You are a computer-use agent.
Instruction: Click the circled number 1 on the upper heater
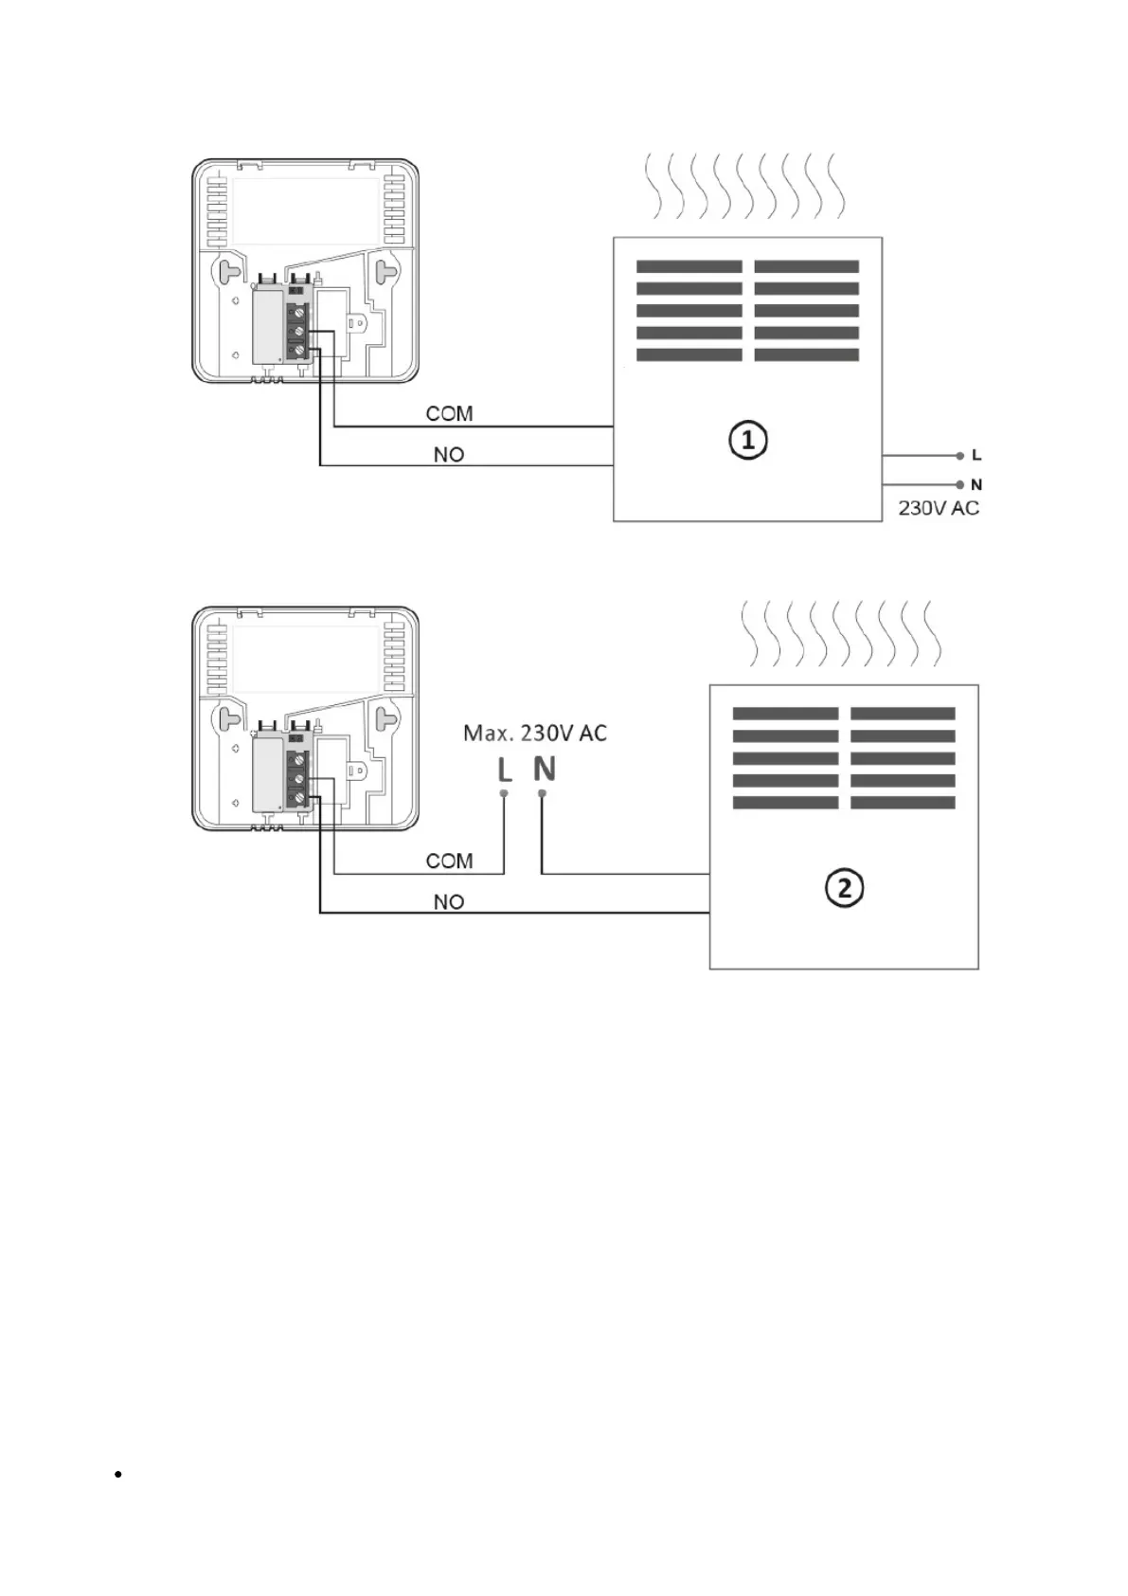click(747, 441)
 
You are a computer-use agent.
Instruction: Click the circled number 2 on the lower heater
click(844, 888)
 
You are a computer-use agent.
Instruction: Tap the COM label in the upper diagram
click(449, 413)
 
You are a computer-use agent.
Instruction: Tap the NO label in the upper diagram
click(449, 455)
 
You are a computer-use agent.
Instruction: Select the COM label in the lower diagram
click(449, 861)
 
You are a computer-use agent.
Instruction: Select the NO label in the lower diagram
click(449, 902)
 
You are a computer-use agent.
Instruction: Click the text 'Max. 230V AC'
click(535, 733)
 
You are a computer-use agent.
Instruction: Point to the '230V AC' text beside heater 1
click(938, 508)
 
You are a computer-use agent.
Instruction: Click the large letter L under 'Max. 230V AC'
click(505, 770)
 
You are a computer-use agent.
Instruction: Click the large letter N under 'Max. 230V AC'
click(544, 769)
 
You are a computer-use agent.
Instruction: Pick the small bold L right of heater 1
click(976, 456)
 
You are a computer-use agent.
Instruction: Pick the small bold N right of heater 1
click(976, 485)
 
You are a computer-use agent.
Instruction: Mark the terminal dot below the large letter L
click(504, 792)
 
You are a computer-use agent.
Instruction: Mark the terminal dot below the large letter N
click(542, 792)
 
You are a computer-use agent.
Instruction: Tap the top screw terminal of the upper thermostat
click(300, 311)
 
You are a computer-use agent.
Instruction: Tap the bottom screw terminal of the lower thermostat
click(300, 798)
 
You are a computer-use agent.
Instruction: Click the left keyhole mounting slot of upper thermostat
click(230, 271)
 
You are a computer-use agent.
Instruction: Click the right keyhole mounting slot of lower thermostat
click(385, 718)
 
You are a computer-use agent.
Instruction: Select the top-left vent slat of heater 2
click(785, 714)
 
